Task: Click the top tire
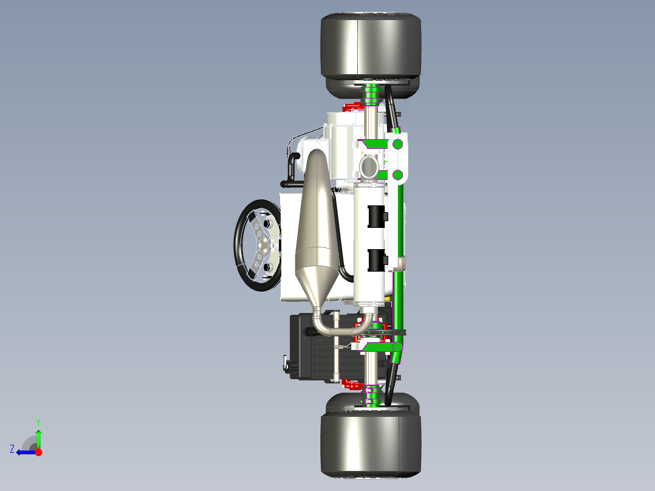(370, 49)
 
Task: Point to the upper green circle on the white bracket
(397, 144)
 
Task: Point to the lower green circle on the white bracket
(397, 175)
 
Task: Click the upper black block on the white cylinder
(377, 216)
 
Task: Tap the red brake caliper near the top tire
(352, 108)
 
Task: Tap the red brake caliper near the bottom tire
(353, 383)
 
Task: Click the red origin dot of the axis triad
(38, 452)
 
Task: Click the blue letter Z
(12, 449)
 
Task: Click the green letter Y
(38, 422)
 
